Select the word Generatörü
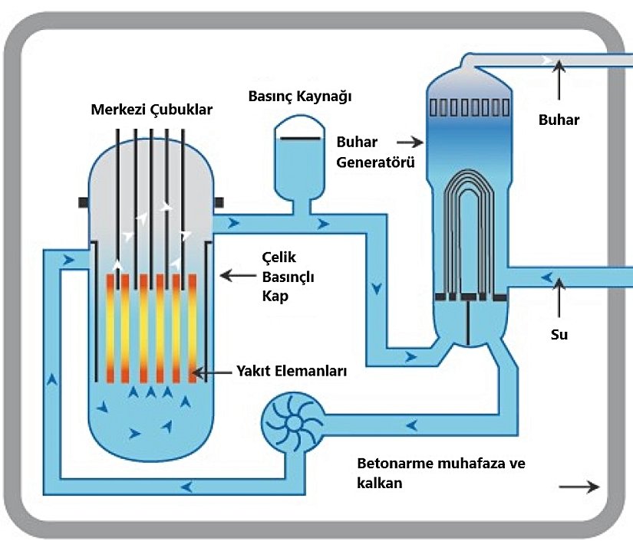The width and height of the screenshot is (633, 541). click(x=376, y=162)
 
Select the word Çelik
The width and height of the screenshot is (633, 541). click(x=279, y=257)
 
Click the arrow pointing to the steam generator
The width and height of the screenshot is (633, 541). click(x=410, y=142)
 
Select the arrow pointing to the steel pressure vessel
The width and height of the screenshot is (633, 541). click(x=237, y=274)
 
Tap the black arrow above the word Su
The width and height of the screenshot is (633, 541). click(x=561, y=295)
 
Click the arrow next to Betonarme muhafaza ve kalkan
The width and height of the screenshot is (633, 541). click(x=581, y=486)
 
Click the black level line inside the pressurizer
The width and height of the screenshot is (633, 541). click(x=296, y=137)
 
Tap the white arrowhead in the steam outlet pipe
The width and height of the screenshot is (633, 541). click(x=546, y=60)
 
